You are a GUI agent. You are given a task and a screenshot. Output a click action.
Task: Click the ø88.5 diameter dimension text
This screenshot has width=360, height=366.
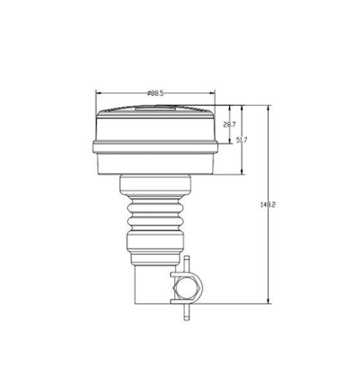coord(155,94)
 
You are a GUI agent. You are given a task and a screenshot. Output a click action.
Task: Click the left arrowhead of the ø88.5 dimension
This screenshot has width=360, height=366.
coord(98,93)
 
